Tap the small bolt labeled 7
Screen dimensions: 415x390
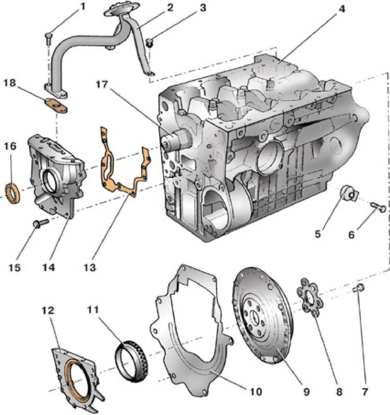(359, 289)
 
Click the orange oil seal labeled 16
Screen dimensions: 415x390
(13, 193)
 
